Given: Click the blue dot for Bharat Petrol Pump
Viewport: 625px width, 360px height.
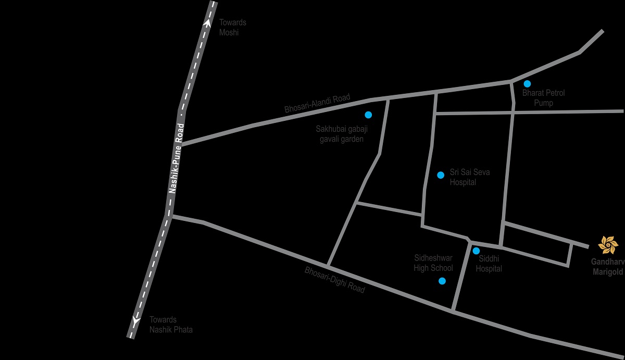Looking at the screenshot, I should point(527,83).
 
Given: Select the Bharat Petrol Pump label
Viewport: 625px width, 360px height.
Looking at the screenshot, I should point(543,98).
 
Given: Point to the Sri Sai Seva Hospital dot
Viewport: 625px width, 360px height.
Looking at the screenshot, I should point(441,175).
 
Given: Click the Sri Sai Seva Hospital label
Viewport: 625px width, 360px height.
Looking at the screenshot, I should point(469,177).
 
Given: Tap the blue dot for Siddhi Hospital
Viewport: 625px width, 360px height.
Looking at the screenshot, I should point(476,251).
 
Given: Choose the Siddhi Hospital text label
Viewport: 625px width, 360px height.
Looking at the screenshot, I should point(489,264).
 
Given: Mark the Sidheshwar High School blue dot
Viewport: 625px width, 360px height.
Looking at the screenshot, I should point(442,281).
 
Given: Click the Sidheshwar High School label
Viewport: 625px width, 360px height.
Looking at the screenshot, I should point(433,263).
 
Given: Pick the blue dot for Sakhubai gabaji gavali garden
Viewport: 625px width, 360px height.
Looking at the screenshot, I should point(368,115).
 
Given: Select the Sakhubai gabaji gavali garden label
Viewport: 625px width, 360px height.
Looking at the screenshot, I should point(340,134).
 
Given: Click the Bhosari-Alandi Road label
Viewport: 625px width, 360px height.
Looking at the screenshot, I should point(318,104).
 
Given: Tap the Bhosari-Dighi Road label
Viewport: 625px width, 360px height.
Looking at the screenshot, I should point(335,280).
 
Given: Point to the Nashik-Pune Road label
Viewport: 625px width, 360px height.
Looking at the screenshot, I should point(177,159).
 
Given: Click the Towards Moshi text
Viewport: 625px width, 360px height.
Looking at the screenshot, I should point(232,27).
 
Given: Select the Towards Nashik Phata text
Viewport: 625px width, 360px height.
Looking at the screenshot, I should point(171,325).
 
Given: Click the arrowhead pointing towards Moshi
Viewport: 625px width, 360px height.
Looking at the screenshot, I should point(208,23).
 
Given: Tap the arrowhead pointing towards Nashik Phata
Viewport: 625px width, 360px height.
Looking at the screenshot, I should point(135,321).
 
